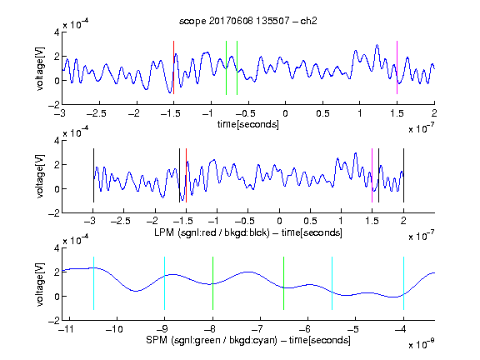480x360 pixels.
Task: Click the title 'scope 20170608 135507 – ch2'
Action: coord(248,21)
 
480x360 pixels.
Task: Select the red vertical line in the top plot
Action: coord(173,67)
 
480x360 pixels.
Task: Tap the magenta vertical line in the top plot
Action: coord(397,67)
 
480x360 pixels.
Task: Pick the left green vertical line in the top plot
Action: coord(226,67)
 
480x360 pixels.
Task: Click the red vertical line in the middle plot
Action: coord(186,175)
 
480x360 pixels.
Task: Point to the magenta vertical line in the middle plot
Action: coord(372,175)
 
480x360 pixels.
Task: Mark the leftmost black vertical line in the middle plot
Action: coord(93,175)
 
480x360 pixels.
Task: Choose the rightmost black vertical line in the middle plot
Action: coord(403,175)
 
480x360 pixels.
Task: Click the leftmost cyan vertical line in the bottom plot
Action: coord(93,283)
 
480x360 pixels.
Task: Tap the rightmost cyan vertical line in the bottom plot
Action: coord(403,283)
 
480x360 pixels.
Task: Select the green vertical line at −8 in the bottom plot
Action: coord(212,283)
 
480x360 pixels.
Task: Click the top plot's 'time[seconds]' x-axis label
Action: coord(248,124)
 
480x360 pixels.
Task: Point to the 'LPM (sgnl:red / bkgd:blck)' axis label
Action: coord(212,232)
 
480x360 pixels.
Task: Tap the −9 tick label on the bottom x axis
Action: coord(162,329)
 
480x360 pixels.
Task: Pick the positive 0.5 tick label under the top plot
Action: coord(322,113)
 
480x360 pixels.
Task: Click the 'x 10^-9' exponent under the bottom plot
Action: coord(421,344)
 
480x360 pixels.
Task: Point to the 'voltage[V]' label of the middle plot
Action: coord(40,177)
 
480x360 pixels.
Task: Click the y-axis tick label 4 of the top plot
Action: coord(57,32)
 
